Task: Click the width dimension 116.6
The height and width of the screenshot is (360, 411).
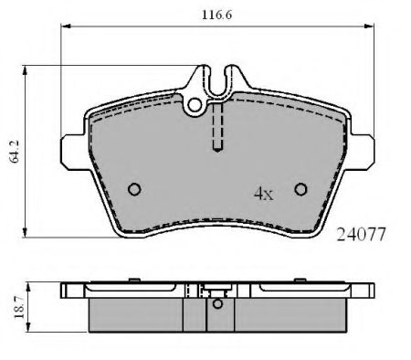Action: coord(217,15)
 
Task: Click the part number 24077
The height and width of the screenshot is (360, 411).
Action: coord(364,234)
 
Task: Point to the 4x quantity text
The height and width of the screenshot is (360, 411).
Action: coord(263,194)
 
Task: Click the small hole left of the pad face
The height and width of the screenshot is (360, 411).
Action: coord(134,189)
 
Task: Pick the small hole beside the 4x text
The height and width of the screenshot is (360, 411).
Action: coord(300,189)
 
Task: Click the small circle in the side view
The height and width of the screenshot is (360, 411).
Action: coord(216,304)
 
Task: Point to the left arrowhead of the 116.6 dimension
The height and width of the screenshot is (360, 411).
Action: coord(65,29)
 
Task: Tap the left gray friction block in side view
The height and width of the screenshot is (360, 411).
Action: coord(142,314)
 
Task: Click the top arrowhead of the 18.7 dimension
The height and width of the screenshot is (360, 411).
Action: coord(28,285)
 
